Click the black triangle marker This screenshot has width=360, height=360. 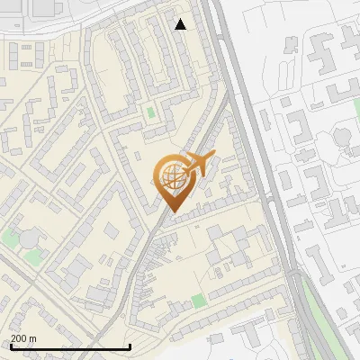pos(180,24)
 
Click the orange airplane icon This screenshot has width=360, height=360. pos(199,165)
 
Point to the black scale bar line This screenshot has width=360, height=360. pos(70,347)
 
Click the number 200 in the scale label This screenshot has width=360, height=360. pos(19,338)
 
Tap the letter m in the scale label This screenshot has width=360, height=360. pos(32,338)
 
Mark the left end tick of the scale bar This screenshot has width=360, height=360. pos(11,346)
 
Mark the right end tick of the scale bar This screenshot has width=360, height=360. pos(130,346)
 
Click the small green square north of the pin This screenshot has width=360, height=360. pos(150,113)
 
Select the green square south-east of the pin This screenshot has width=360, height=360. pos(199,299)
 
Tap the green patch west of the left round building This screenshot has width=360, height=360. pos(10,238)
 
